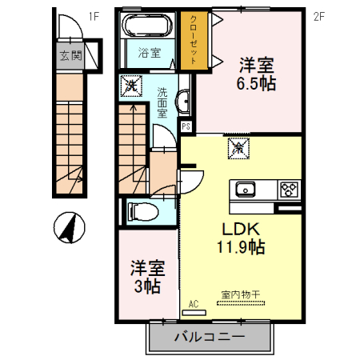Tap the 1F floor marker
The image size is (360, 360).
[x=94, y=14]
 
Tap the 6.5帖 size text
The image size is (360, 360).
[x=256, y=82]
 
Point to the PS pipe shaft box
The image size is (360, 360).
[x=186, y=126]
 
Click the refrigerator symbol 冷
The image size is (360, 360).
[x=238, y=147]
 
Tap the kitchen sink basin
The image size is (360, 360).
[x=243, y=190]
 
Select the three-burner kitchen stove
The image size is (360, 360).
[x=288, y=190]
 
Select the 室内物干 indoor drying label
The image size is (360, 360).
[x=241, y=295]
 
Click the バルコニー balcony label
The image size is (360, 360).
[x=210, y=338]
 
